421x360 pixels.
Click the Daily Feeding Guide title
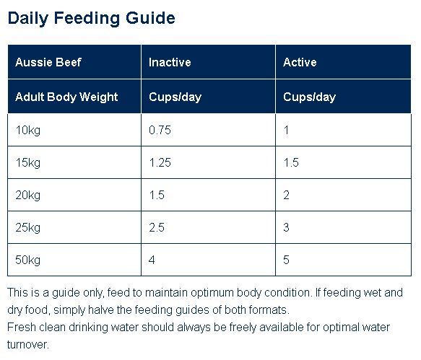click(x=91, y=19)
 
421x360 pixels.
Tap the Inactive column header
click(x=170, y=62)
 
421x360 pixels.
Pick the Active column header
click(x=300, y=62)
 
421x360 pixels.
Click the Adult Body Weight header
click(x=66, y=97)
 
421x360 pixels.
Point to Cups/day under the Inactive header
click(x=175, y=97)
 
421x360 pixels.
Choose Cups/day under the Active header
click(x=309, y=97)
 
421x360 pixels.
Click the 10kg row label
click(x=28, y=131)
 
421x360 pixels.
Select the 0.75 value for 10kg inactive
click(x=160, y=130)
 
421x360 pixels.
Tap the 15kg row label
click(x=28, y=163)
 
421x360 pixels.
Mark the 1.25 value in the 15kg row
click(x=160, y=162)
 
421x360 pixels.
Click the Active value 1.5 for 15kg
click(x=291, y=162)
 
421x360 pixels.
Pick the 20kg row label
click(x=28, y=196)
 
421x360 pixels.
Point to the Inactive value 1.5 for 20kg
click(x=157, y=195)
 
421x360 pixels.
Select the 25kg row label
click(x=28, y=228)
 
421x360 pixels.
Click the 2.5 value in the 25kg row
click(x=157, y=227)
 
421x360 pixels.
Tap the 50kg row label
click(x=28, y=260)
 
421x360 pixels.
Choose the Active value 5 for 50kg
click(x=286, y=260)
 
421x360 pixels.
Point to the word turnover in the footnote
click(x=28, y=345)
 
